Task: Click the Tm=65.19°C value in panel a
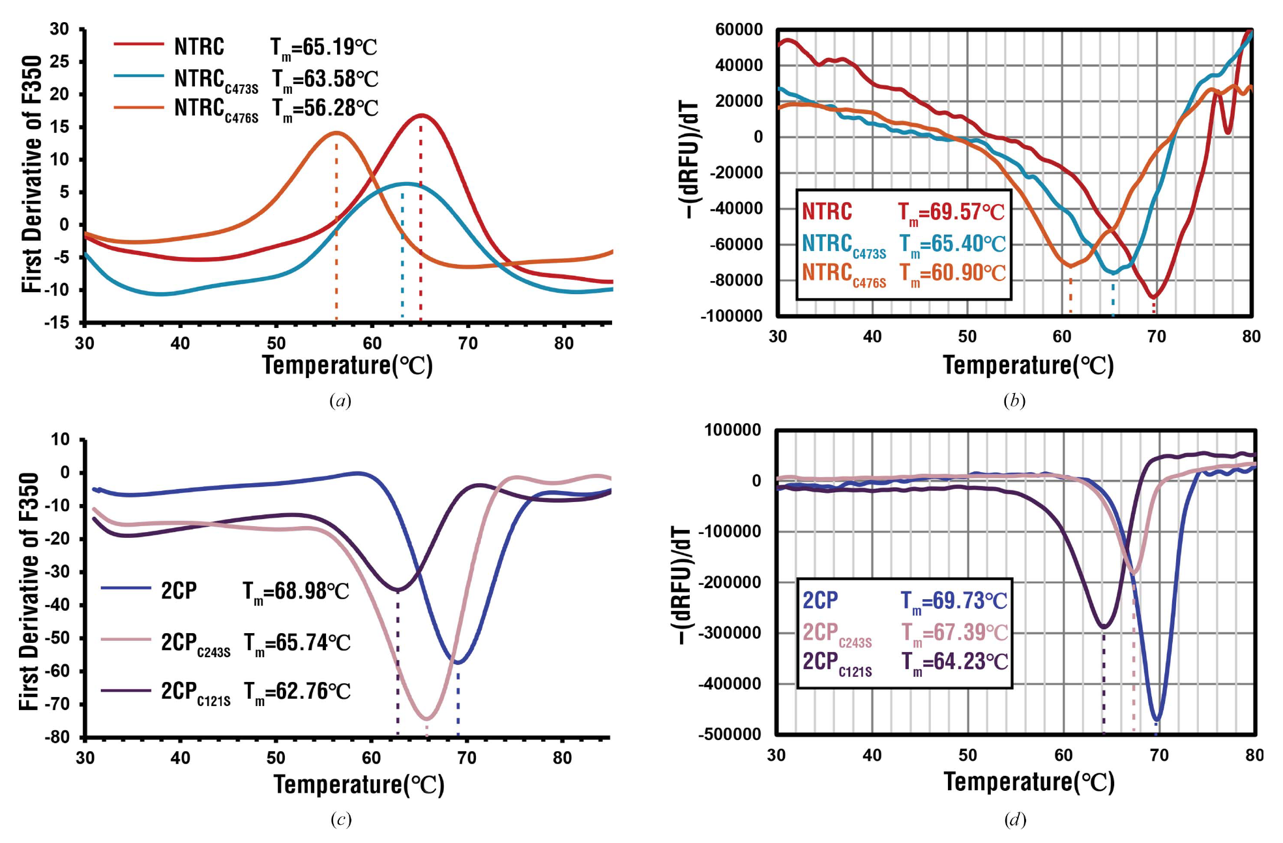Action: [x=323, y=47]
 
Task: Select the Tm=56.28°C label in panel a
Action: [x=325, y=108]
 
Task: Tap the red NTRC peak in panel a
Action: [x=422, y=115]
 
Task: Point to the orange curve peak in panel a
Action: [x=336, y=133]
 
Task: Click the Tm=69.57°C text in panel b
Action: [x=951, y=212]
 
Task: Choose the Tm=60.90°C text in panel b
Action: [x=952, y=273]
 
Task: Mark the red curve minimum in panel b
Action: [x=1154, y=297]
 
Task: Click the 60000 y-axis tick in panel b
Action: [x=739, y=29]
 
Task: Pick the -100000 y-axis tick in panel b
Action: [x=731, y=316]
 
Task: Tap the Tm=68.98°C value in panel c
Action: [x=296, y=591]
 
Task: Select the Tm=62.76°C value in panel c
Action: [x=297, y=691]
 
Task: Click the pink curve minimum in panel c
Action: [x=426, y=719]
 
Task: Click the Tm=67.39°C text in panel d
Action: [x=954, y=632]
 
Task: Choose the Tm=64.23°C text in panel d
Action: [x=954, y=662]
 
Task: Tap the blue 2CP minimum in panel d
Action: [x=1157, y=720]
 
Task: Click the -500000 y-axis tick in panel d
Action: [x=730, y=734]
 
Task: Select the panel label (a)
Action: [x=340, y=400]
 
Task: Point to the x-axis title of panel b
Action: [x=1028, y=365]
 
